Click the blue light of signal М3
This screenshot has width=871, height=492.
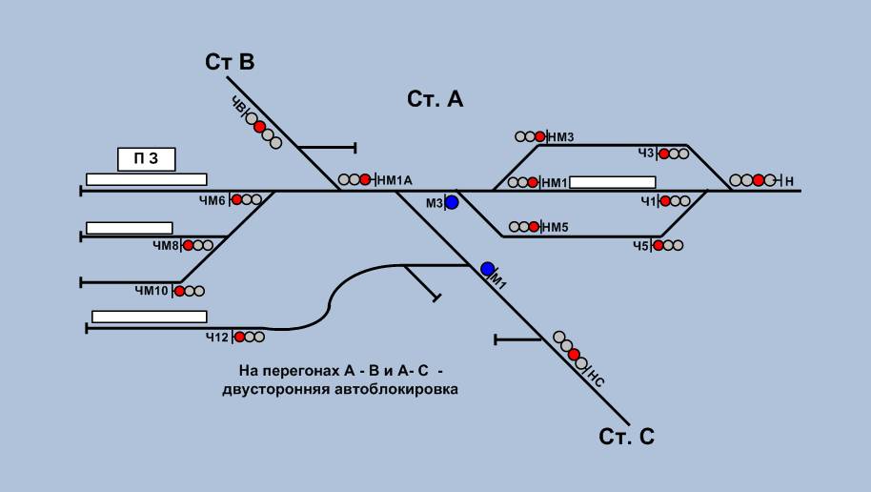(x=452, y=202)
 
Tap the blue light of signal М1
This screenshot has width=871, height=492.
(x=487, y=269)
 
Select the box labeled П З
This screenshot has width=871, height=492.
(x=147, y=159)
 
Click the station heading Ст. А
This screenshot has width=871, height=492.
(x=435, y=99)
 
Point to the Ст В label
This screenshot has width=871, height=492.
(x=230, y=62)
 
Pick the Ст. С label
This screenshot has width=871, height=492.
(x=627, y=437)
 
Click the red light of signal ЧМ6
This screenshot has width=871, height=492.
(x=237, y=199)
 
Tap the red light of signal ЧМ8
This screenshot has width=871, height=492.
(x=189, y=245)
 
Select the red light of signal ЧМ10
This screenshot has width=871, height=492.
(x=180, y=291)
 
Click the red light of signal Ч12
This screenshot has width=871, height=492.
(x=239, y=337)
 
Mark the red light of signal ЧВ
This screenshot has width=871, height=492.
(x=259, y=127)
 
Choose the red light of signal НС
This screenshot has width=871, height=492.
(x=575, y=355)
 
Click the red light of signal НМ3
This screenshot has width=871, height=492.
(x=540, y=136)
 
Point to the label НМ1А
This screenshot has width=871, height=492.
(x=395, y=180)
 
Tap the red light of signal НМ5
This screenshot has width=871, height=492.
(x=534, y=227)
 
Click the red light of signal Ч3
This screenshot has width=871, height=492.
(x=664, y=154)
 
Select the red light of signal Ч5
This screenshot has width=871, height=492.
(x=658, y=245)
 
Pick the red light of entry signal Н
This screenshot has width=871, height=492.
(x=759, y=180)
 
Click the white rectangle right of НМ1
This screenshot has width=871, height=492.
(x=613, y=182)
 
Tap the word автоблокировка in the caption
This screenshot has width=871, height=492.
(x=396, y=389)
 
